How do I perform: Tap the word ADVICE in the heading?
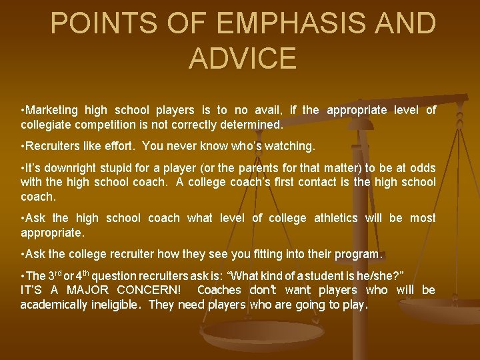(242, 58)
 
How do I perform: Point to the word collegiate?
(47, 124)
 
